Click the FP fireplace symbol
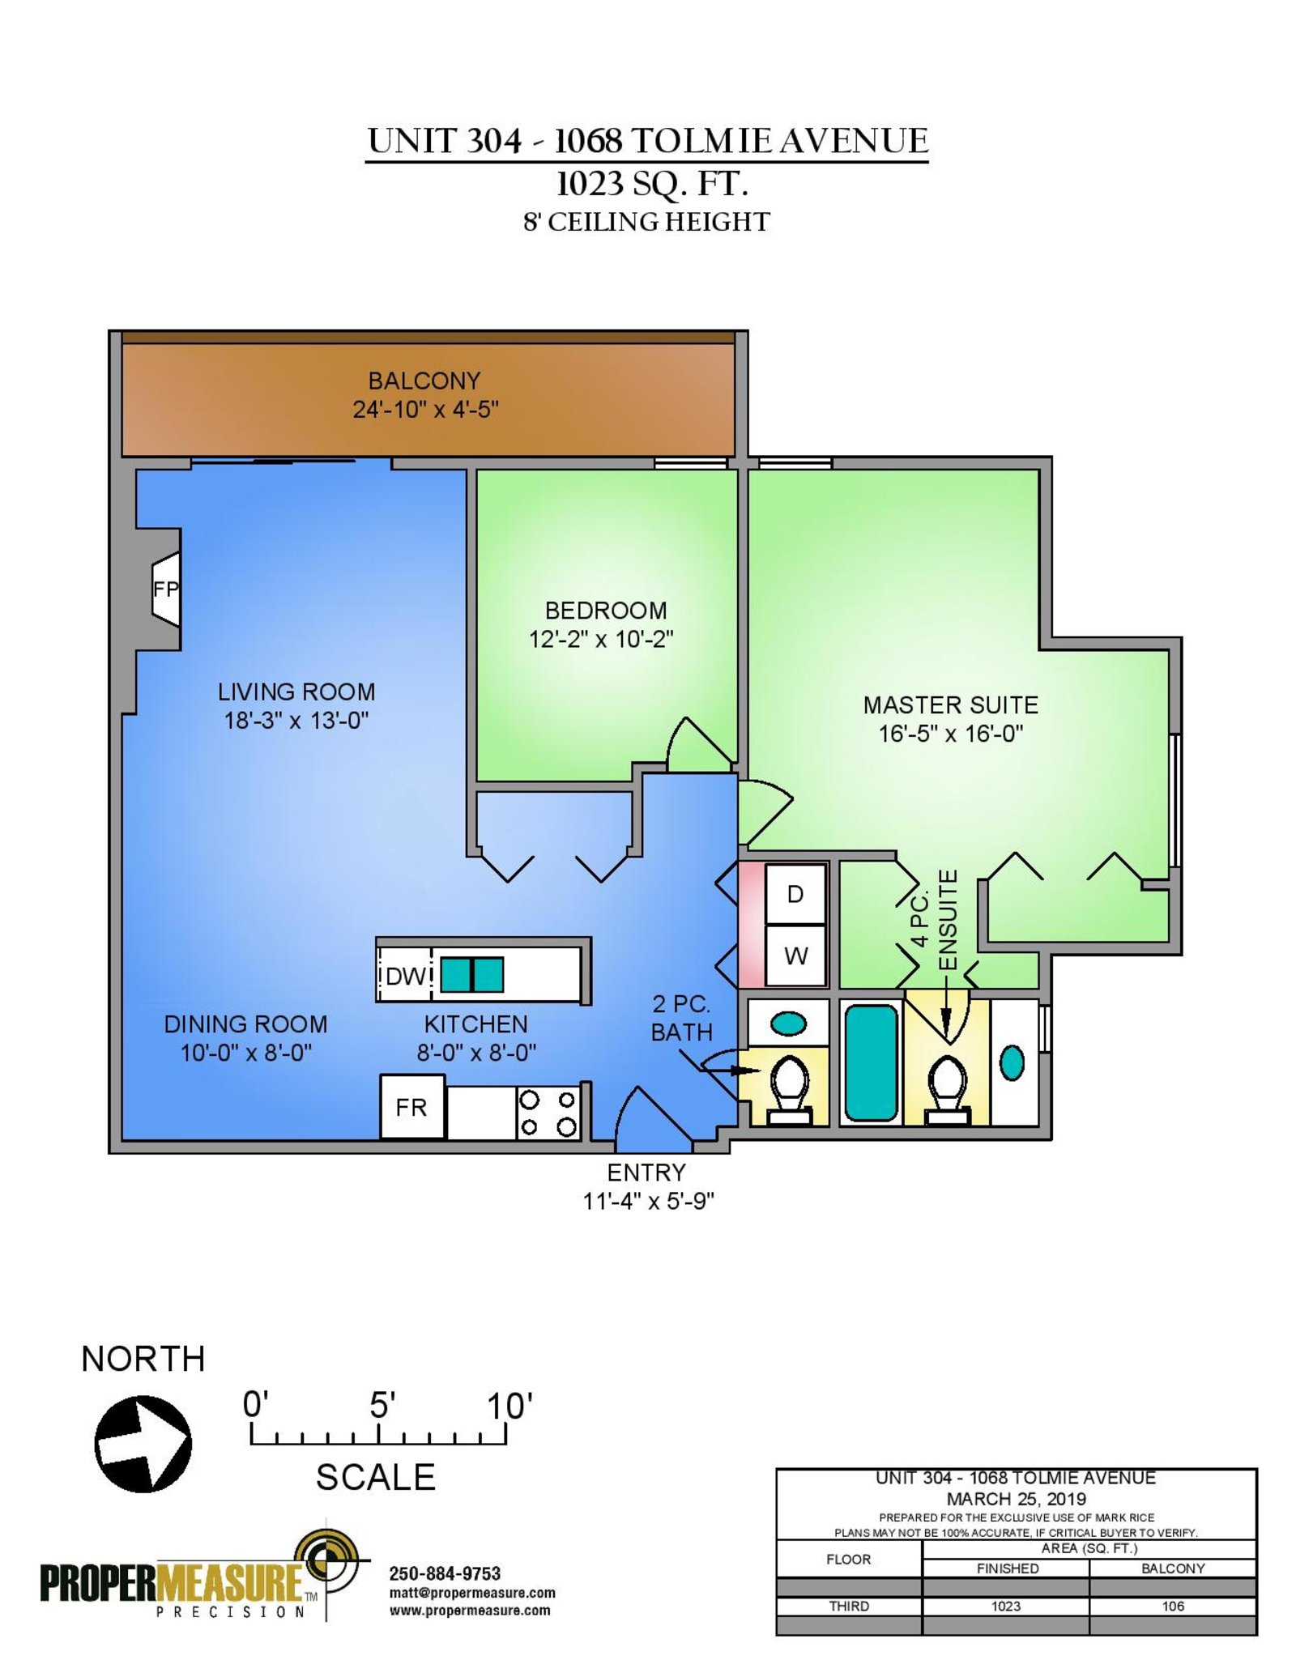pyautogui.click(x=166, y=589)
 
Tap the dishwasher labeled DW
pyautogui.click(x=404, y=975)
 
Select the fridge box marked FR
pyautogui.click(x=412, y=1106)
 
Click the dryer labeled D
pyautogui.click(x=795, y=894)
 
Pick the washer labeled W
pyautogui.click(x=795, y=956)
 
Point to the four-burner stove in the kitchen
pyautogui.click(x=548, y=1113)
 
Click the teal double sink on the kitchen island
pyautogui.click(x=472, y=975)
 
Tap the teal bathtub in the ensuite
pyautogui.click(x=872, y=1062)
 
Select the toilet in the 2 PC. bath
pyautogui.click(x=789, y=1089)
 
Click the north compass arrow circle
pyautogui.click(x=143, y=1444)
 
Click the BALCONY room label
pyautogui.click(x=424, y=381)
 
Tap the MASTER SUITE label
pyautogui.click(x=951, y=704)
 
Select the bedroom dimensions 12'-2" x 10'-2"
pyautogui.click(x=601, y=639)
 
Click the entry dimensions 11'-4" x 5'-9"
pyautogui.click(x=648, y=1201)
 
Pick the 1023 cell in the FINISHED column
pyautogui.click(x=1006, y=1606)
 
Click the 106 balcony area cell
pyautogui.click(x=1173, y=1606)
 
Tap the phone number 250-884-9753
pyautogui.click(x=445, y=1573)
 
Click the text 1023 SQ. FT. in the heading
pyautogui.click(x=651, y=184)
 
